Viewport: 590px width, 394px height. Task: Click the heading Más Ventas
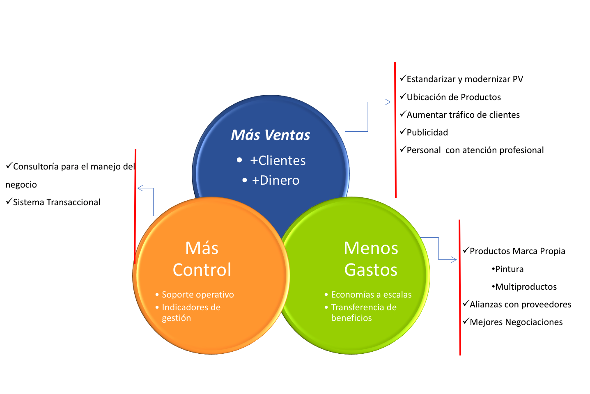tap(270, 135)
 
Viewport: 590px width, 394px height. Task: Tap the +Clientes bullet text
tap(278, 160)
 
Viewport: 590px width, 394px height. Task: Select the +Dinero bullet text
tap(275, 180)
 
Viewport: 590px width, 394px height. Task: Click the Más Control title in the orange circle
tap(202, 259)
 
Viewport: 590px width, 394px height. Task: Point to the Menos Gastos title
tap(371, 259)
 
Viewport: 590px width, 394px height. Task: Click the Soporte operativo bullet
tap(197, 295)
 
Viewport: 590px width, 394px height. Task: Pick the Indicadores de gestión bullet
tap(191, 312)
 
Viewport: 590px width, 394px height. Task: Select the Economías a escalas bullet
tap(371, 295)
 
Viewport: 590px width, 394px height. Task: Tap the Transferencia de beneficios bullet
tap(363, 312)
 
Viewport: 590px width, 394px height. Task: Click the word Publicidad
tap(427, 133)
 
